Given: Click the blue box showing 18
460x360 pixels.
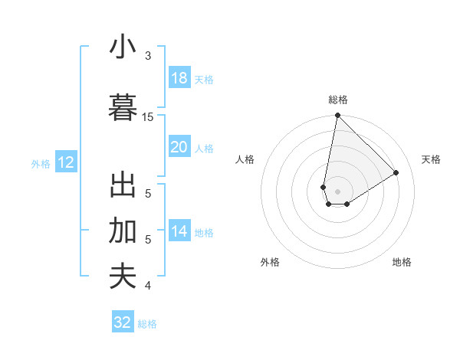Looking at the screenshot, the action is (179, 78).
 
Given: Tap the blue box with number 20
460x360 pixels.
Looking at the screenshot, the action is (179, 147).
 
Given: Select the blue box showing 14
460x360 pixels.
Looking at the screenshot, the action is (179, 231).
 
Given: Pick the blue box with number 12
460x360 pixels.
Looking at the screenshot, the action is (65, 162).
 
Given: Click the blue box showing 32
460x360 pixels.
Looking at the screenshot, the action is (123, 322).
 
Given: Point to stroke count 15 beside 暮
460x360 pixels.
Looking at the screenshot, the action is (148, 117).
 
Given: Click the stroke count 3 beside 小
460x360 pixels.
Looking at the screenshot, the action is (148, 56).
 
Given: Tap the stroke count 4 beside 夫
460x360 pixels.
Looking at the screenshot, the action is (148, 286).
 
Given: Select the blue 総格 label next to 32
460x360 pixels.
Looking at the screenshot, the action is (147, 324).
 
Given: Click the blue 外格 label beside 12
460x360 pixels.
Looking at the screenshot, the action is (41, 163).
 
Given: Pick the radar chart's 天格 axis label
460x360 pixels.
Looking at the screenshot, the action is (431, 159).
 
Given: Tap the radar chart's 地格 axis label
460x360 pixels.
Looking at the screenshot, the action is (402, 262).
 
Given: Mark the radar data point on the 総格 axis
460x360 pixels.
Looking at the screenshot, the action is (337, 116).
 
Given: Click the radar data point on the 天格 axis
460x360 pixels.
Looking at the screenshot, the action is (396, 173).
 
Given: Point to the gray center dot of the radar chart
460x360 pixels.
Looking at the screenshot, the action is (337, 191).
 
